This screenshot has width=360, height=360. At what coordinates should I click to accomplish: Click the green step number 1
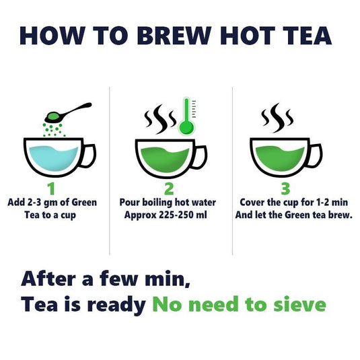point(52,188)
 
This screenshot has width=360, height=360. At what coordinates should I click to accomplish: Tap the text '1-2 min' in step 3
point(319,202)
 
